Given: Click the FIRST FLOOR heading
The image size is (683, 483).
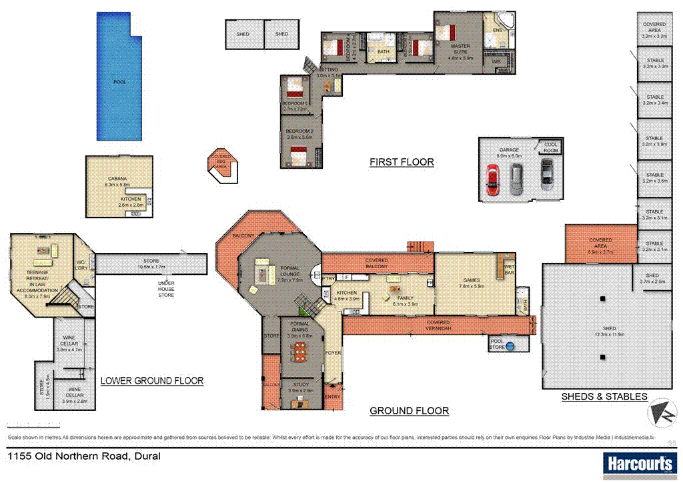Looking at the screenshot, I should tap(402, 162).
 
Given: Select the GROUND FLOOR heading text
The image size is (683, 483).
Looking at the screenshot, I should tap(409, 411).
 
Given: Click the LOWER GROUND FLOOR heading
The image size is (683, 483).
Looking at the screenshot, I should tap(151, 381).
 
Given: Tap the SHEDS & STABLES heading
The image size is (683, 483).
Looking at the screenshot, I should tap(604, 396).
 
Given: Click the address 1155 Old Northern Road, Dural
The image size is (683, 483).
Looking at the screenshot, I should tap(83, 457).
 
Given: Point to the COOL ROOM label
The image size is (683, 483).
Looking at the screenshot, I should tap(551, 147).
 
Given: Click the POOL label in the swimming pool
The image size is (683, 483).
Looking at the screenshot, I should tap(119, 82).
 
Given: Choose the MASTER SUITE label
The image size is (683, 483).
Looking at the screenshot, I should tap(460, 49).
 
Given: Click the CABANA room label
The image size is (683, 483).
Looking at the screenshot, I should tap(117, 179).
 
